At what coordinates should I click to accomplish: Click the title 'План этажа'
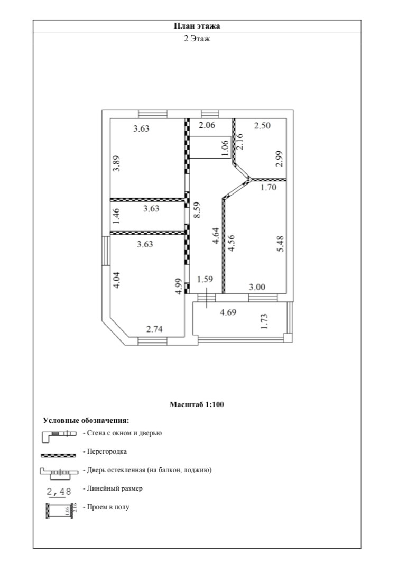[x=197, y=26]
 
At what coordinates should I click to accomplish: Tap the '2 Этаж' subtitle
[x=197, y=39]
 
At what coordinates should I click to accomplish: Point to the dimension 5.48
[x=281, y=244]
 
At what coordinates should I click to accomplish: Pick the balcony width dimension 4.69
[x=228, y=312]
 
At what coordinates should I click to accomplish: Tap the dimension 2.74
[x=155, y=329]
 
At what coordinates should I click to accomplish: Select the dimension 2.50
[x=263, y=126]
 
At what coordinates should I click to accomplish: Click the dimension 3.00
[x=257, y=287]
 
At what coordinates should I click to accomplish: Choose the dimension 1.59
[x=205, y=279]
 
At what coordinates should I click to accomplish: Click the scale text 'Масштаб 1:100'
[x=197, y=405]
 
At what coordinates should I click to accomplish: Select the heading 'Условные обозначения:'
[x=86, y=421]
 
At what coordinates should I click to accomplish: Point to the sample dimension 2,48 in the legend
[x=59, y=492]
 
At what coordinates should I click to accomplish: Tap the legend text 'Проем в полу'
[x=106, y=507]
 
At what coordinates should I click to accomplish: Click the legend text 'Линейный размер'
[x=113, y=488]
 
